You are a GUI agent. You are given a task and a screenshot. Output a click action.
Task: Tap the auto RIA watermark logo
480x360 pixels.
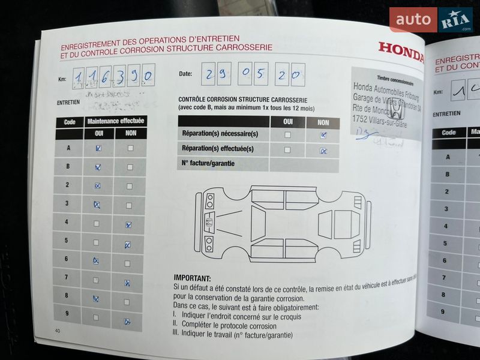click(430, 20)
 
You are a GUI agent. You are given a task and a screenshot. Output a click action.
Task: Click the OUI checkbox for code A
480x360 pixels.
click(98, 148)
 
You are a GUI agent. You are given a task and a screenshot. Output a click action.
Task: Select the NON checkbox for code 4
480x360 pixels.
click(128, 225)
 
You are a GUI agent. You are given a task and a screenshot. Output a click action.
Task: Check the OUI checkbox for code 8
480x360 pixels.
click(96, 298)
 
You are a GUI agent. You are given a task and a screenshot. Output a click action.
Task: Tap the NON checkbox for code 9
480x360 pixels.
click(127, 321)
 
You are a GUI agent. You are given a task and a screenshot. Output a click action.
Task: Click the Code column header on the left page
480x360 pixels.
click(70, 121)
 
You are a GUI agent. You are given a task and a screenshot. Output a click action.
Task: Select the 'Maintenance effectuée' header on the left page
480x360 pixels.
click(116, 121)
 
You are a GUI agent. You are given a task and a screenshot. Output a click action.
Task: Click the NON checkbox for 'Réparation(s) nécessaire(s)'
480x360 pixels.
click(323, 135)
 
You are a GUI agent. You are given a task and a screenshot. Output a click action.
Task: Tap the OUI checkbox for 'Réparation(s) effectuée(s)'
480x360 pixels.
click(287, 150)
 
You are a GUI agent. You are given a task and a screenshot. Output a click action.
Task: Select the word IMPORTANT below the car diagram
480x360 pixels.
click(192, 278)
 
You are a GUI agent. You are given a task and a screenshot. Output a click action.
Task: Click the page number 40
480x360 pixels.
click(57, 331)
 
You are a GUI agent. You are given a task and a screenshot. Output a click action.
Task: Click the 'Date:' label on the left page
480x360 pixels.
click(185, 74)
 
